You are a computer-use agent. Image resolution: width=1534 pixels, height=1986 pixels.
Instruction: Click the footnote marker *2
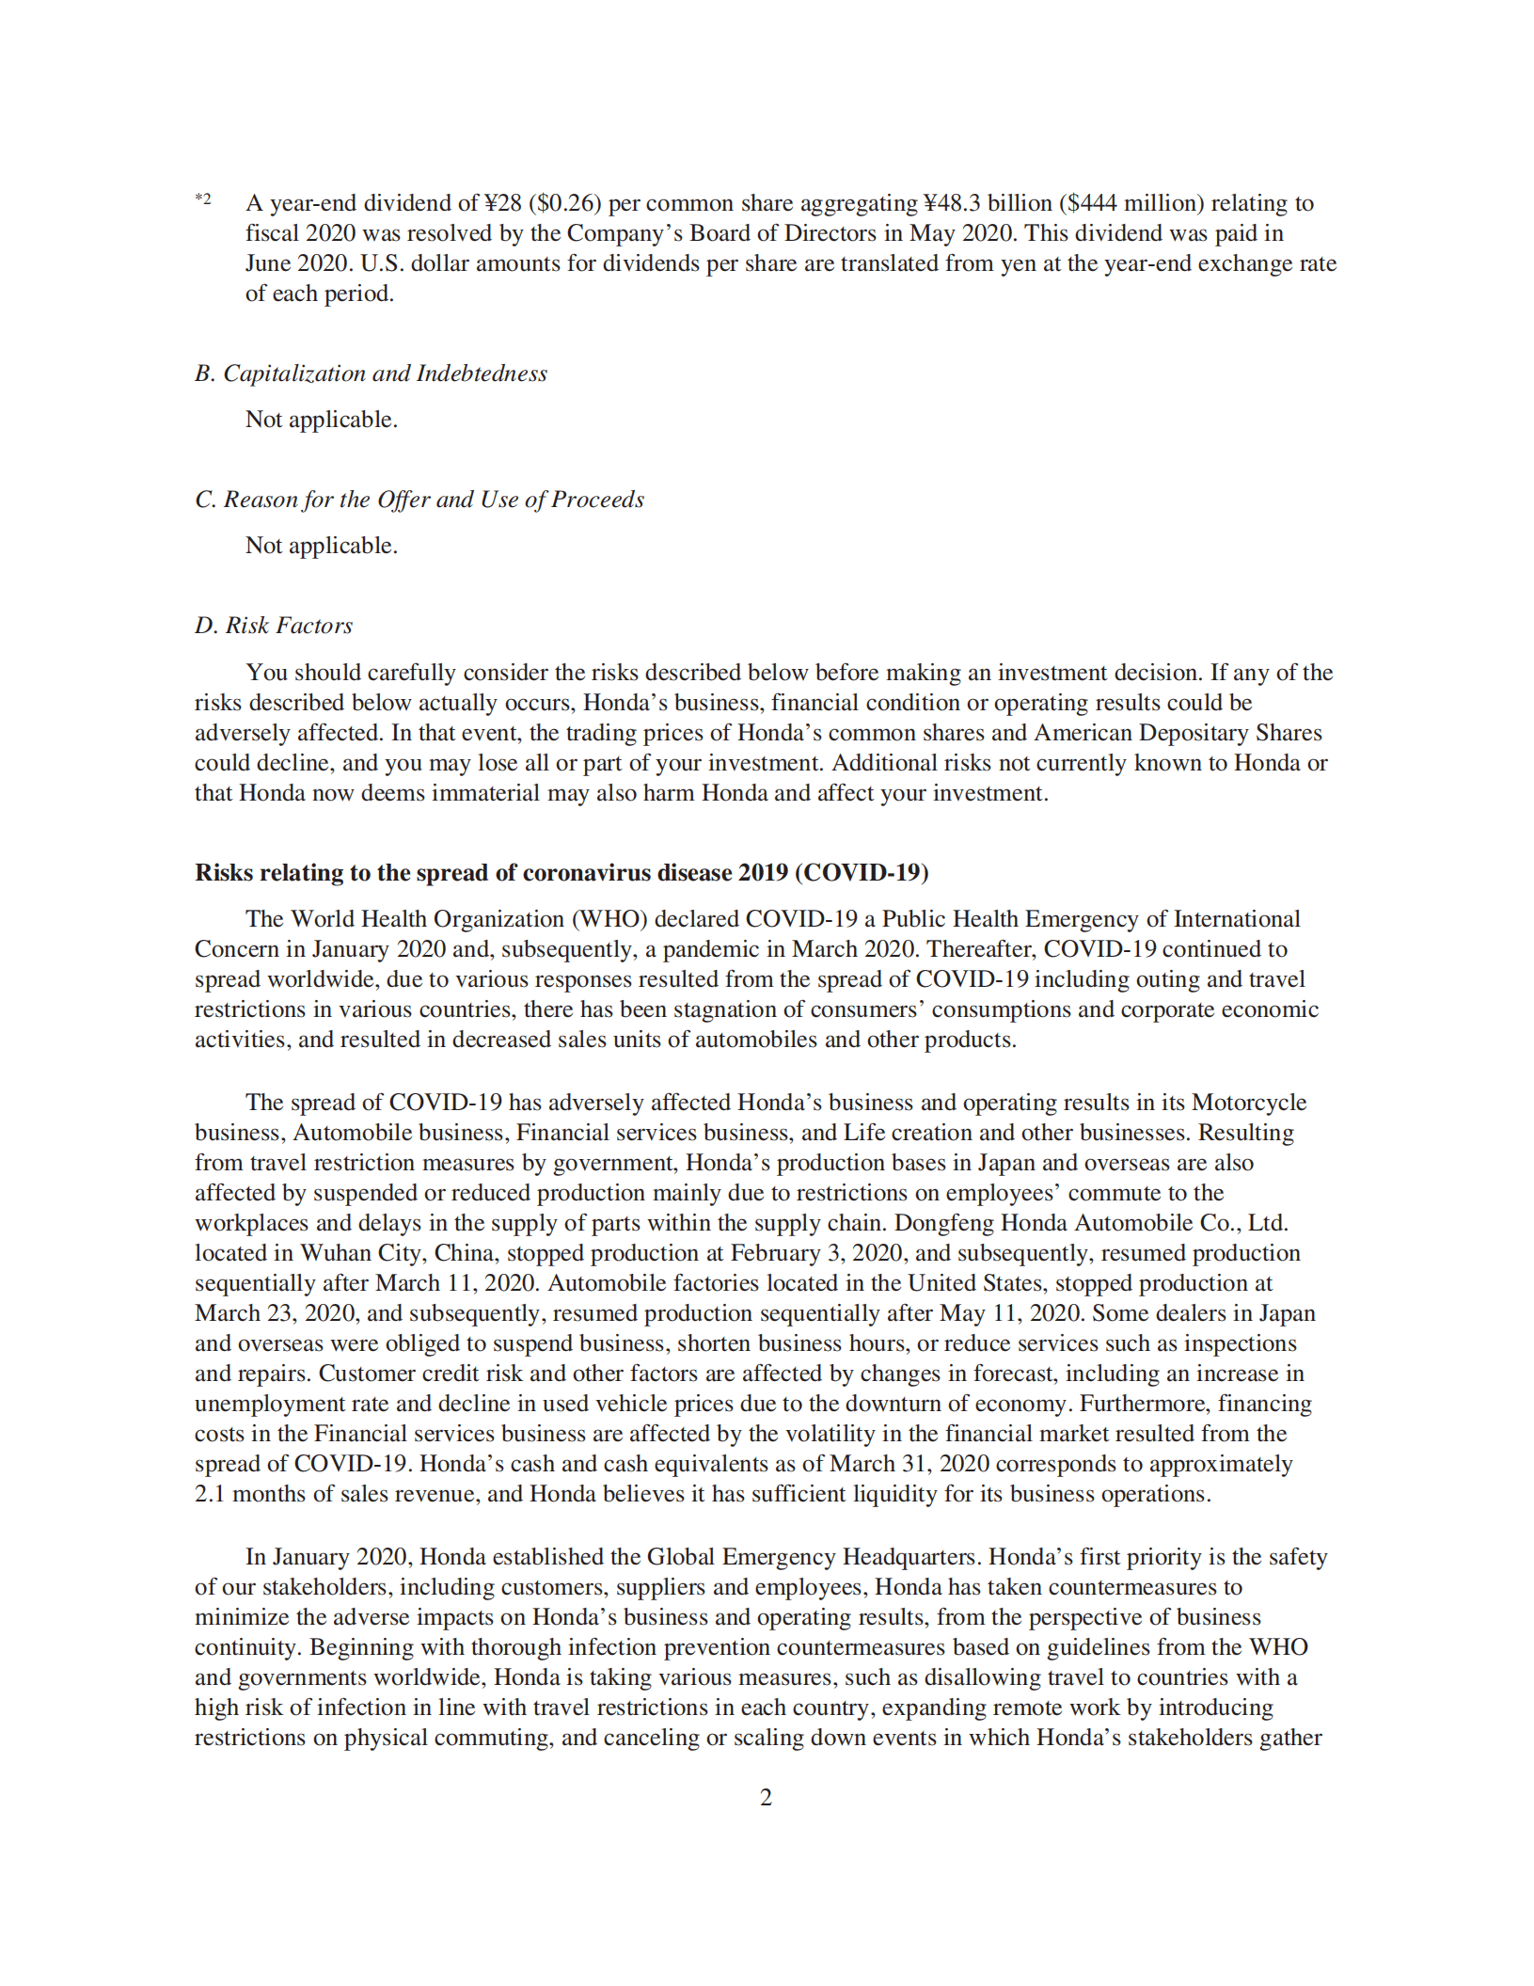[203, 199]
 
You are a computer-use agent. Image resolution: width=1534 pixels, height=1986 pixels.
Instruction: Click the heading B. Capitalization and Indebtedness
[371, 373]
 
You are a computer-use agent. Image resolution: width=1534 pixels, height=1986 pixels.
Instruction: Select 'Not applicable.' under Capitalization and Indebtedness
[322, 420]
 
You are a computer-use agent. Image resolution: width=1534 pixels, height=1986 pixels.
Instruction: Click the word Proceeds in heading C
[597, 500]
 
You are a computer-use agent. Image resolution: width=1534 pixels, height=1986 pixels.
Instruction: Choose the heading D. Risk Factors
[274, 626]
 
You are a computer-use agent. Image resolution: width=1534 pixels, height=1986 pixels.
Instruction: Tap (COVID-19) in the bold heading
[862, 873]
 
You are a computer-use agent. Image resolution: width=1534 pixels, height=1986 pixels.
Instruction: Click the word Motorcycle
[1249, 1103]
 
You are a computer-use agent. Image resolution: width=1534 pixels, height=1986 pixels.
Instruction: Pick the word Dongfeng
[943, 1223]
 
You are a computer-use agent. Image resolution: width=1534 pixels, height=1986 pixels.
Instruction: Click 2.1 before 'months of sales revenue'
[210, 1494]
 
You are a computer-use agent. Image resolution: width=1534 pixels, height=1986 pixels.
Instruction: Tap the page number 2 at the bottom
[766, 1798]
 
